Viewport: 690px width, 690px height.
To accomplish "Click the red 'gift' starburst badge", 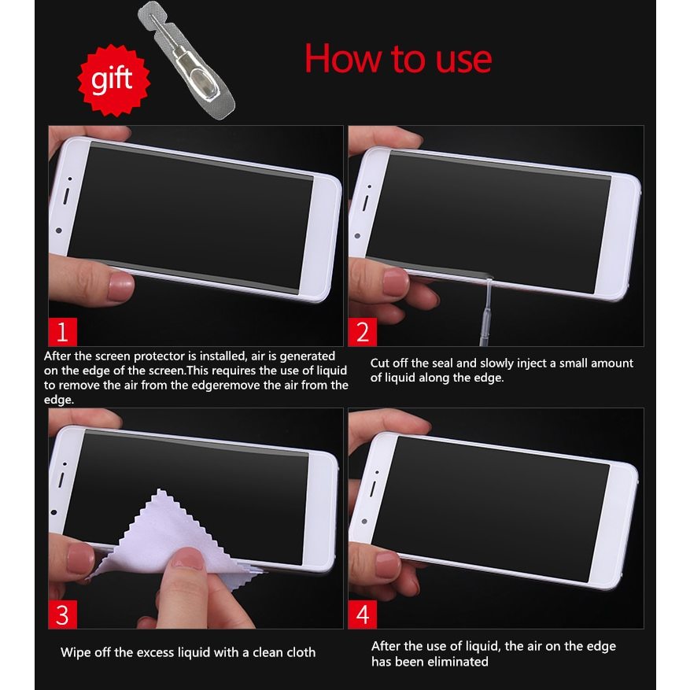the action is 113,80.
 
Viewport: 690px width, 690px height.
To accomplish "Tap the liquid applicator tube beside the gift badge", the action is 186,61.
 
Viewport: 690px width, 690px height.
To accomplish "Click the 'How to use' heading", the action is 398,59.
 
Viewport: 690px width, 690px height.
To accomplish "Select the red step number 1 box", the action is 62,331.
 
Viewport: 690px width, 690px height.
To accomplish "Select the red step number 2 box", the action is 362,332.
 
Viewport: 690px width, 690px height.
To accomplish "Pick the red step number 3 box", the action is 62,614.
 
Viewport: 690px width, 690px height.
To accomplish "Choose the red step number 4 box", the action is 362,614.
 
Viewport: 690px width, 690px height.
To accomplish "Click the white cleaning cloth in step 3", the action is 172,541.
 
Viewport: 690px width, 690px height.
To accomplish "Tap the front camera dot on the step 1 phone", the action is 59,231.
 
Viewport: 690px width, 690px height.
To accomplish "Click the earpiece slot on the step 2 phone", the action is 365,203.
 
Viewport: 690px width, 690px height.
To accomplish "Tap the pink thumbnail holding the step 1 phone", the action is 120,286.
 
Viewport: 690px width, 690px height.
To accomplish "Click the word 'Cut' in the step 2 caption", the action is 380,363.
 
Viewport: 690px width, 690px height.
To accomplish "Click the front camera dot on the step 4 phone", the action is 364,521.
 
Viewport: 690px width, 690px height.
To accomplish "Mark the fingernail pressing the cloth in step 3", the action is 188,559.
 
